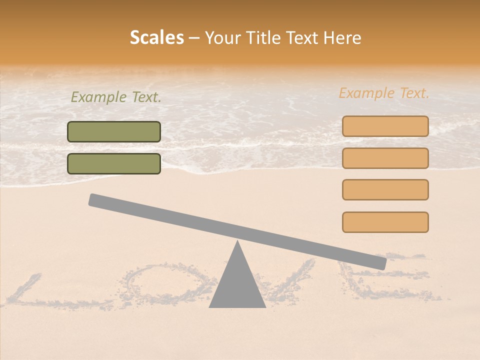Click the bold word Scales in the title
pyautogui.click(x=157, y=37)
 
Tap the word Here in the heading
pyautogui.click(x=342, y=37)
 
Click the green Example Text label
pyautogui.click(x=116, y=97)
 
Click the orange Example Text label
pyautogui.click(x=384, y=93)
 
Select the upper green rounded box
pyautogui.click(x=114, y=131)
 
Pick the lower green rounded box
pyautogui.click(x=114, y=163)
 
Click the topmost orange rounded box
pyautogui.click(x=385, y=126)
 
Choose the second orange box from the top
pyautogui.click(x=385, y=158)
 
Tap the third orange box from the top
pyautogui.click(x=385, y=189)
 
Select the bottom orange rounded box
pyautogui.click(x=385, y=222)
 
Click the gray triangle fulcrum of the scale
pyautogui.click(x=237, y=285)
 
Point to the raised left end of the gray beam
pyautogui.click(x=95, y=200)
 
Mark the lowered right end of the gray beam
pyautogui.click(x=380, y=262)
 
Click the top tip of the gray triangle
pyautogui.click(x=237, y=242)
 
